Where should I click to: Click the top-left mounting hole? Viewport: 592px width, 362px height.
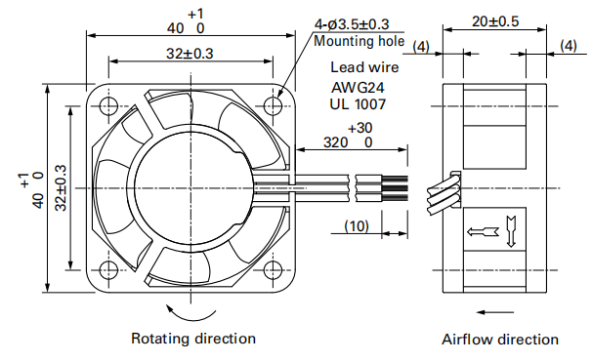(108, 105)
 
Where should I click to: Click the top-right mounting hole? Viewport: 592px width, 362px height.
(273, 105)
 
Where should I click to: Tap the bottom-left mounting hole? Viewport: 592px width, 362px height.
(108, 269)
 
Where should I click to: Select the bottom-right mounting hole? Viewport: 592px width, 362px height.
(273, 269)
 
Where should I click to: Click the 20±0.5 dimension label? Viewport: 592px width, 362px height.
(495, 21)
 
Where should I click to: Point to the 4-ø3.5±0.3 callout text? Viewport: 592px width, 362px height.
(352, 24)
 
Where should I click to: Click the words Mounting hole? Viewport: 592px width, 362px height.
(359, 41)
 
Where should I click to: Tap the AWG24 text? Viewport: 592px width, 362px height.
(358, 88)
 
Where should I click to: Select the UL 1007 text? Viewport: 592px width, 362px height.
(358, 104)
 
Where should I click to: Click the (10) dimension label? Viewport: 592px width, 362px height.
(357, 226)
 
